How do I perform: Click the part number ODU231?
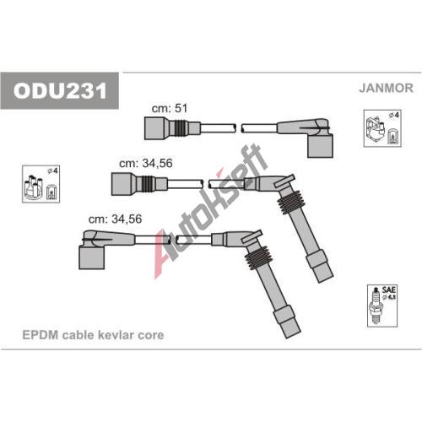pyautogui.click(x=60, y=90)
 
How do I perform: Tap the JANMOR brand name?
pyautogui.click(x=386, y=88)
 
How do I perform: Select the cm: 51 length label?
pyautogui.click(x=170, y=108)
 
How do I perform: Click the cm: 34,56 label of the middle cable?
pyautogui.click(x=146, y=163)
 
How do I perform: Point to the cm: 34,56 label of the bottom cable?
pyautogui.click(x=115, y=219)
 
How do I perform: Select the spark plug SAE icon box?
pyautogui.click(x=382, y=306)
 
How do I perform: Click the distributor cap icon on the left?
pyautogui.click(x=41, y=184)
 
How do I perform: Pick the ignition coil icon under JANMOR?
pyautogui.click(x=382, y=128)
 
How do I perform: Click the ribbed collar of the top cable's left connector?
pyautogui.click(x=181, y=128)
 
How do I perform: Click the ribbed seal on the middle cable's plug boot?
pyautogui.click(x=290, y=204)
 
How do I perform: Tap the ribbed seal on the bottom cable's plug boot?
pyautogui.click(x=258, y=259)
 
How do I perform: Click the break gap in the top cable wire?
pyautogui.click(x=239, y=128)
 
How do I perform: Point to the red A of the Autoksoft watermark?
pyautogui.click(x=163, y=253)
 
